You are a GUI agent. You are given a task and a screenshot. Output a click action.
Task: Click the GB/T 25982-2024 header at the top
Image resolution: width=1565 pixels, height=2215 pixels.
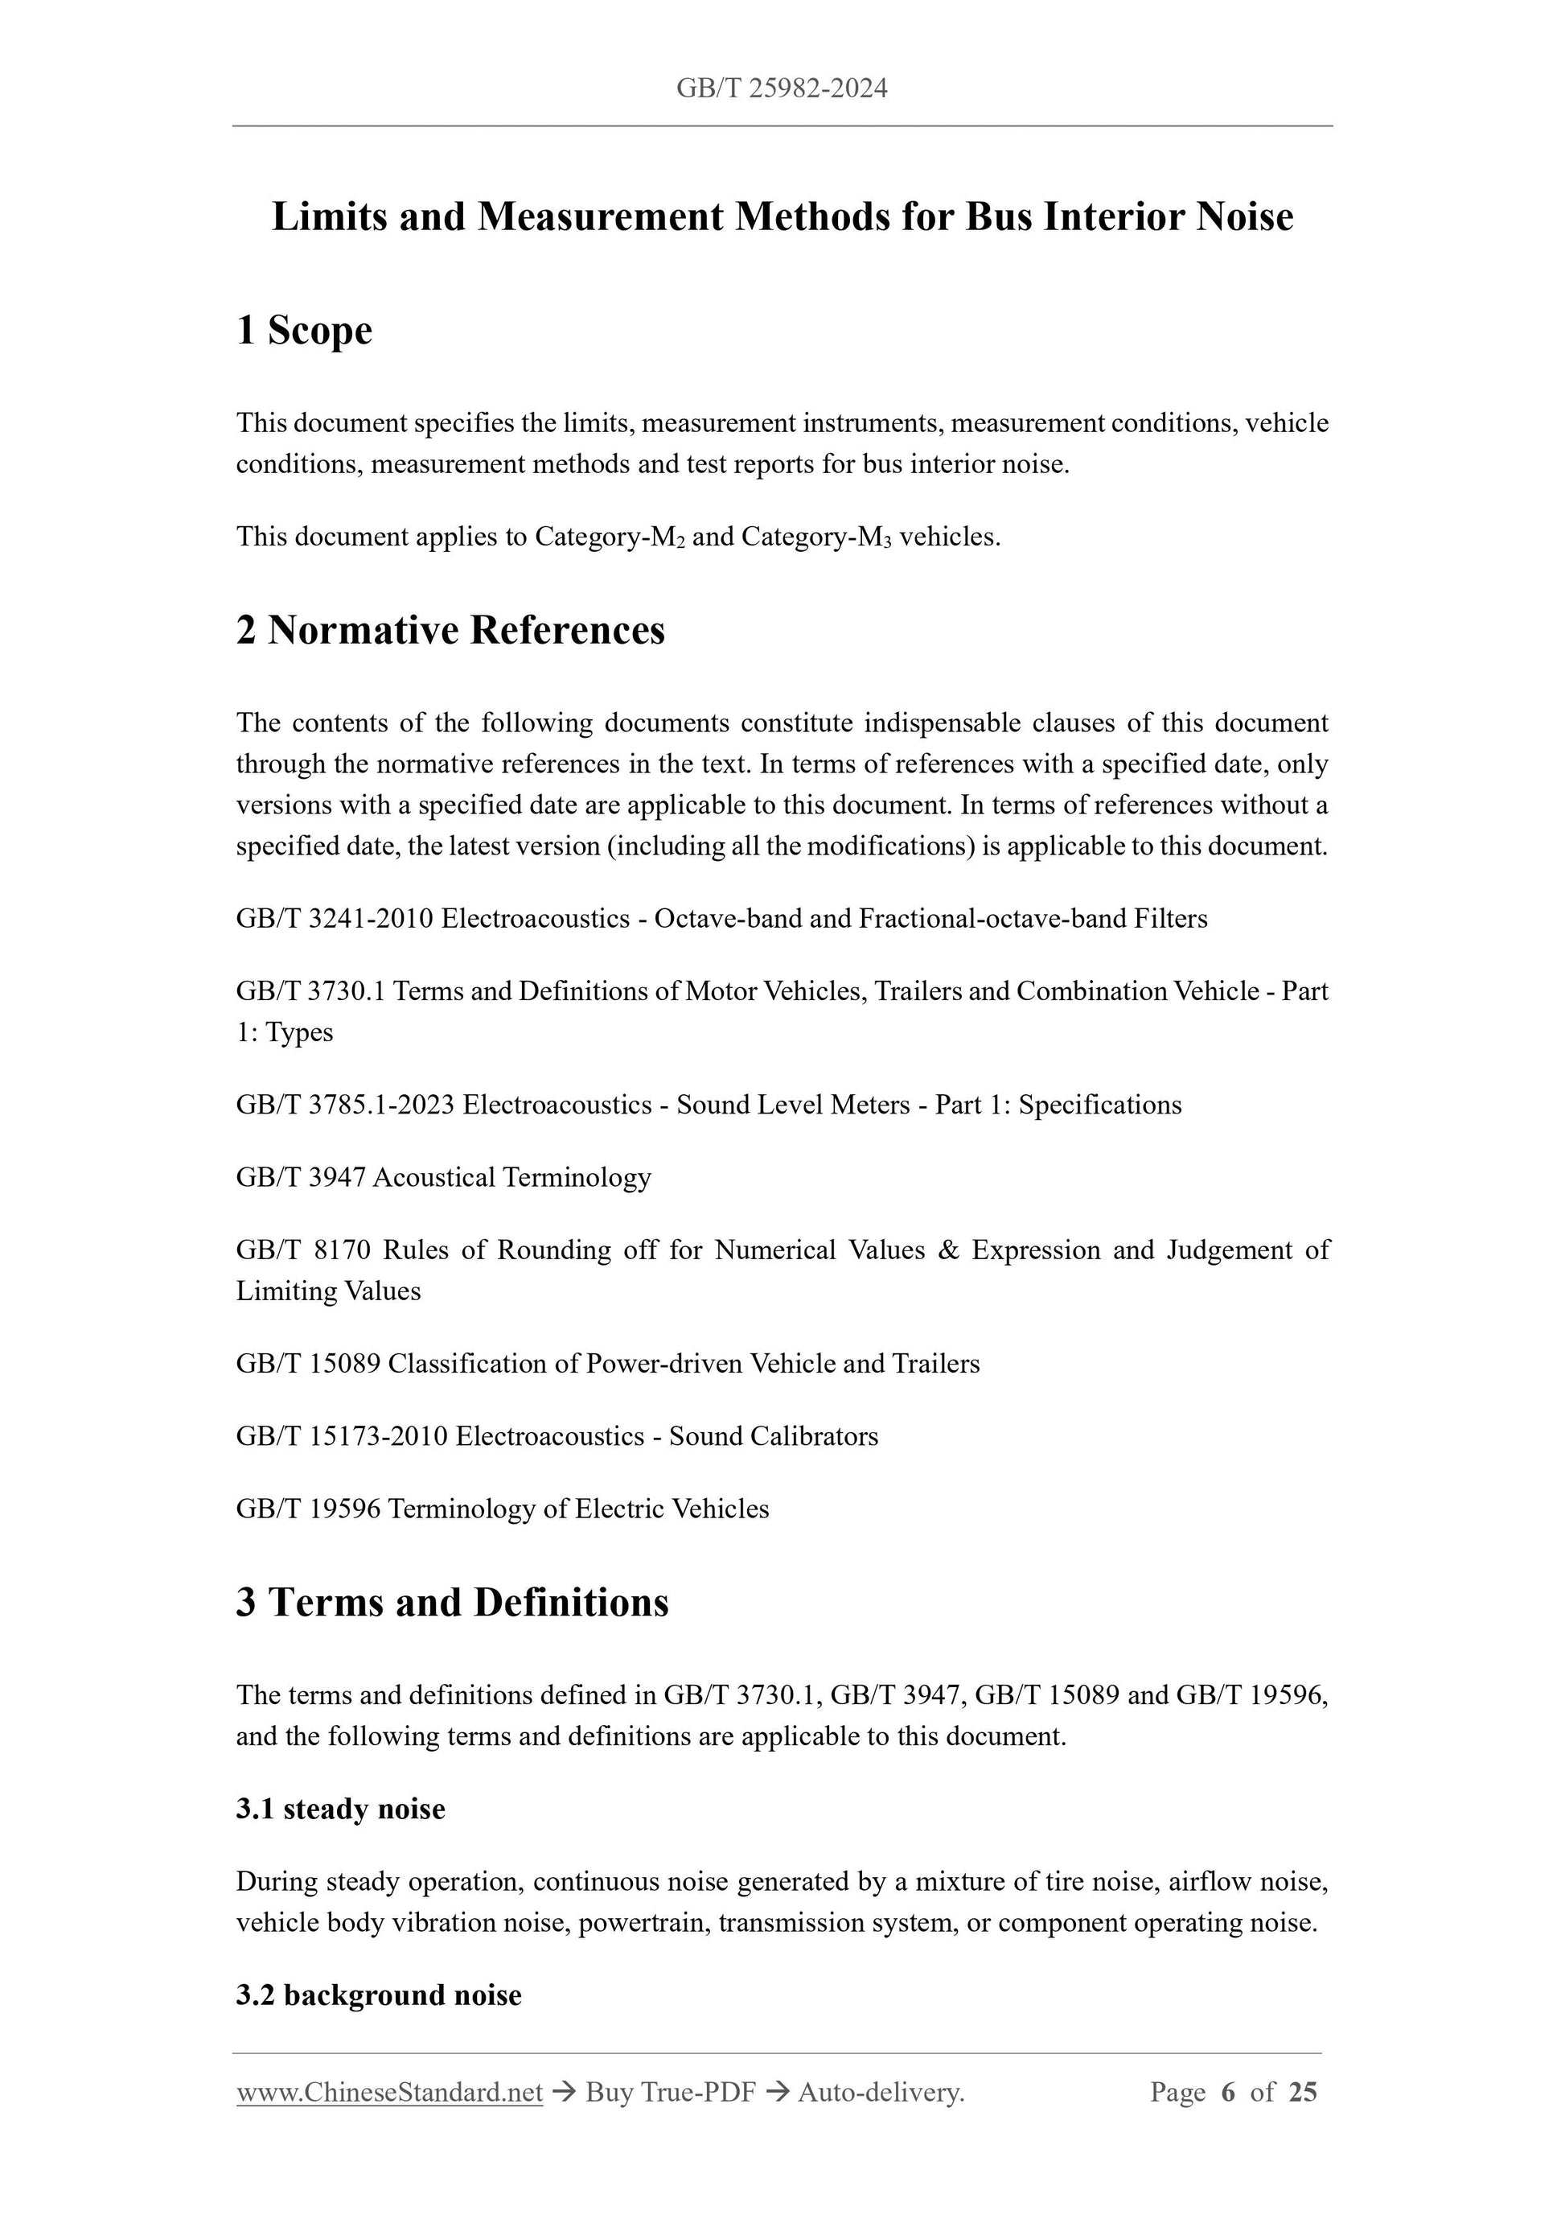(x=781, y=90)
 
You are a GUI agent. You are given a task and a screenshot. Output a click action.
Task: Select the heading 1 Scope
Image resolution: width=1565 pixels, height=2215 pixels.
(x=304, y=331)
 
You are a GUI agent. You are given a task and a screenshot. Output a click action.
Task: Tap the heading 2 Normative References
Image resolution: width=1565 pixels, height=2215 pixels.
(x=450, y=631)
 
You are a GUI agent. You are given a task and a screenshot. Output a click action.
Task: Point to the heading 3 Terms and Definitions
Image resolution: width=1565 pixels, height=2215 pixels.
(x=452, y=1603)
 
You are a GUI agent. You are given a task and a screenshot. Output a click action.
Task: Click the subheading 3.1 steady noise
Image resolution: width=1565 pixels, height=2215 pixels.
(x=340, y=1809)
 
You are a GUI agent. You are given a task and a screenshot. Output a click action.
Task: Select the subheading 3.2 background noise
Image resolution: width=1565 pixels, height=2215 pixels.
(x=378, y=1995)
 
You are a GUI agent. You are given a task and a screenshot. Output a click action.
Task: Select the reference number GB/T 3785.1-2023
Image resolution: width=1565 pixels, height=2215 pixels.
(x=345, y=1105)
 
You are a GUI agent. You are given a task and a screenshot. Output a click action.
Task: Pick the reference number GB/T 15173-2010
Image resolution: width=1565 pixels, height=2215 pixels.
(x=341, y=1436)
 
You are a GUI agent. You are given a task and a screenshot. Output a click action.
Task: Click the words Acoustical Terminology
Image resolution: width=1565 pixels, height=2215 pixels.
(x=511, y=1178)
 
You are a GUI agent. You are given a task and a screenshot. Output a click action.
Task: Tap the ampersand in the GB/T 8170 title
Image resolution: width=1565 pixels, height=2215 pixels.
(x=948, y=1251)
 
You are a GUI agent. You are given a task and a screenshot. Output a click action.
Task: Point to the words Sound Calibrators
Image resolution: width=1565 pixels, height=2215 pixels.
(x=774, y=1436)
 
